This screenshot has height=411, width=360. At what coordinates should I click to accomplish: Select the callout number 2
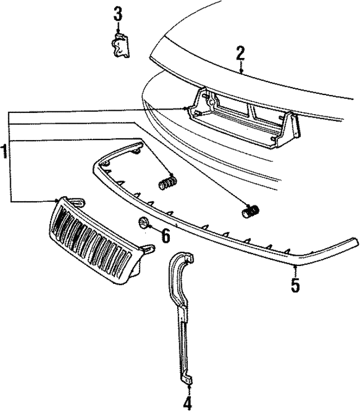pyautogui.click(x=240, y=55)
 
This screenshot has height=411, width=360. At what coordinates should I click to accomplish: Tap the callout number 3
pyautogui.click(x=118, y=13)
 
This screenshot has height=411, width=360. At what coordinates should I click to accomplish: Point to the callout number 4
pyautogui.click(x=187, y=403)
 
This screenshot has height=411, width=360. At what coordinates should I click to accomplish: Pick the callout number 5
pyautogui.click(x=295, y=284)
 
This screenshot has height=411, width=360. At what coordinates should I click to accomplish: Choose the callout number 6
pyautogui.click(x=165, y=235)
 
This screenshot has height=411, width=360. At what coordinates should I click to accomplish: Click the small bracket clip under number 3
pyautogui.click(x=120, y=46)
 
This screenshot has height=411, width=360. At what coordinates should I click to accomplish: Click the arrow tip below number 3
pyautogui.click(x=118, y=33)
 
